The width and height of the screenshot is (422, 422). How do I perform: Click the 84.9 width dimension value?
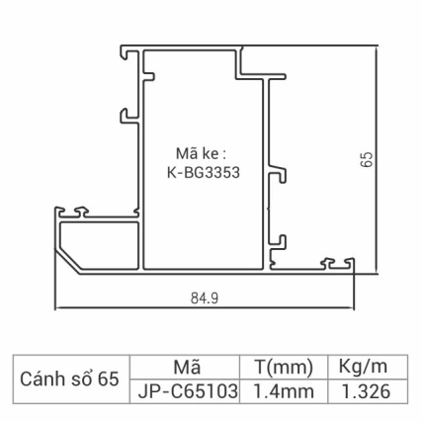coord(205,295)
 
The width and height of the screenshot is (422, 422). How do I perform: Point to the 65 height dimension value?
coord(367,161)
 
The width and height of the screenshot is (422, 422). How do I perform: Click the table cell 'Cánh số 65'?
coord(69,379)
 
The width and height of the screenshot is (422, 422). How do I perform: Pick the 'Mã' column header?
coord(186,367)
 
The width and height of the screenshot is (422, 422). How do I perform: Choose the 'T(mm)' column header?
coord(284,367)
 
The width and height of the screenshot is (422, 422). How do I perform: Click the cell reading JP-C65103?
coord(186,391)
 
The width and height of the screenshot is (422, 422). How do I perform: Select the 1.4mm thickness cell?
coord(284,391)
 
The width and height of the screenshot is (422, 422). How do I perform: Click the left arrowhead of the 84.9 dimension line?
coord(55,306)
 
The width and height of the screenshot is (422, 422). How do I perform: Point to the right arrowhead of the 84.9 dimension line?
coord(355,306)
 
